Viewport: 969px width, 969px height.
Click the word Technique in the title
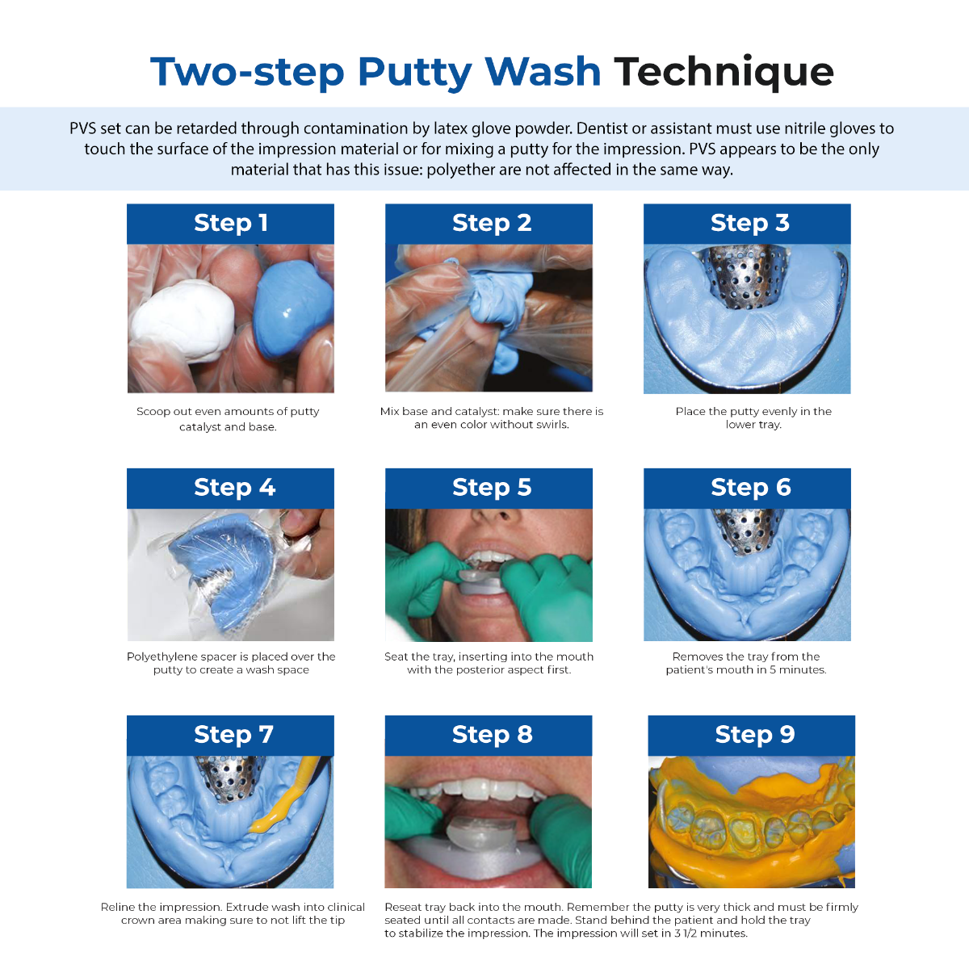(724, 72)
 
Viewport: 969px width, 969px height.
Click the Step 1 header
(230, 224)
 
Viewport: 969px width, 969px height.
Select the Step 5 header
(489, 488)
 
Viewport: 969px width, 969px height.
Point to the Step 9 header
(752, 735)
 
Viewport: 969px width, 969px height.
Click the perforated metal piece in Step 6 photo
(745, 530)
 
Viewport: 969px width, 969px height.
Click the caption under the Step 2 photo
(491, 418)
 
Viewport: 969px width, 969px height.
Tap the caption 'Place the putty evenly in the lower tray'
(753, 418)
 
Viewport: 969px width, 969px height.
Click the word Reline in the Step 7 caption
(119, 907)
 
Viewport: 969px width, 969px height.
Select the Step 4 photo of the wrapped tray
(230, 574)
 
